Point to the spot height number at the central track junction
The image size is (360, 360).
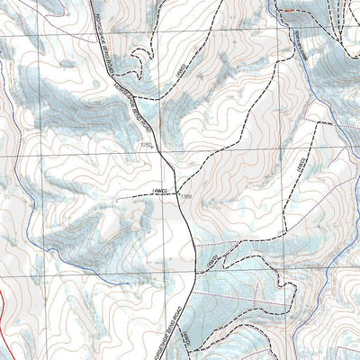point(186,195)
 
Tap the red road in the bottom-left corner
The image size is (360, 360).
point(7,310)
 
